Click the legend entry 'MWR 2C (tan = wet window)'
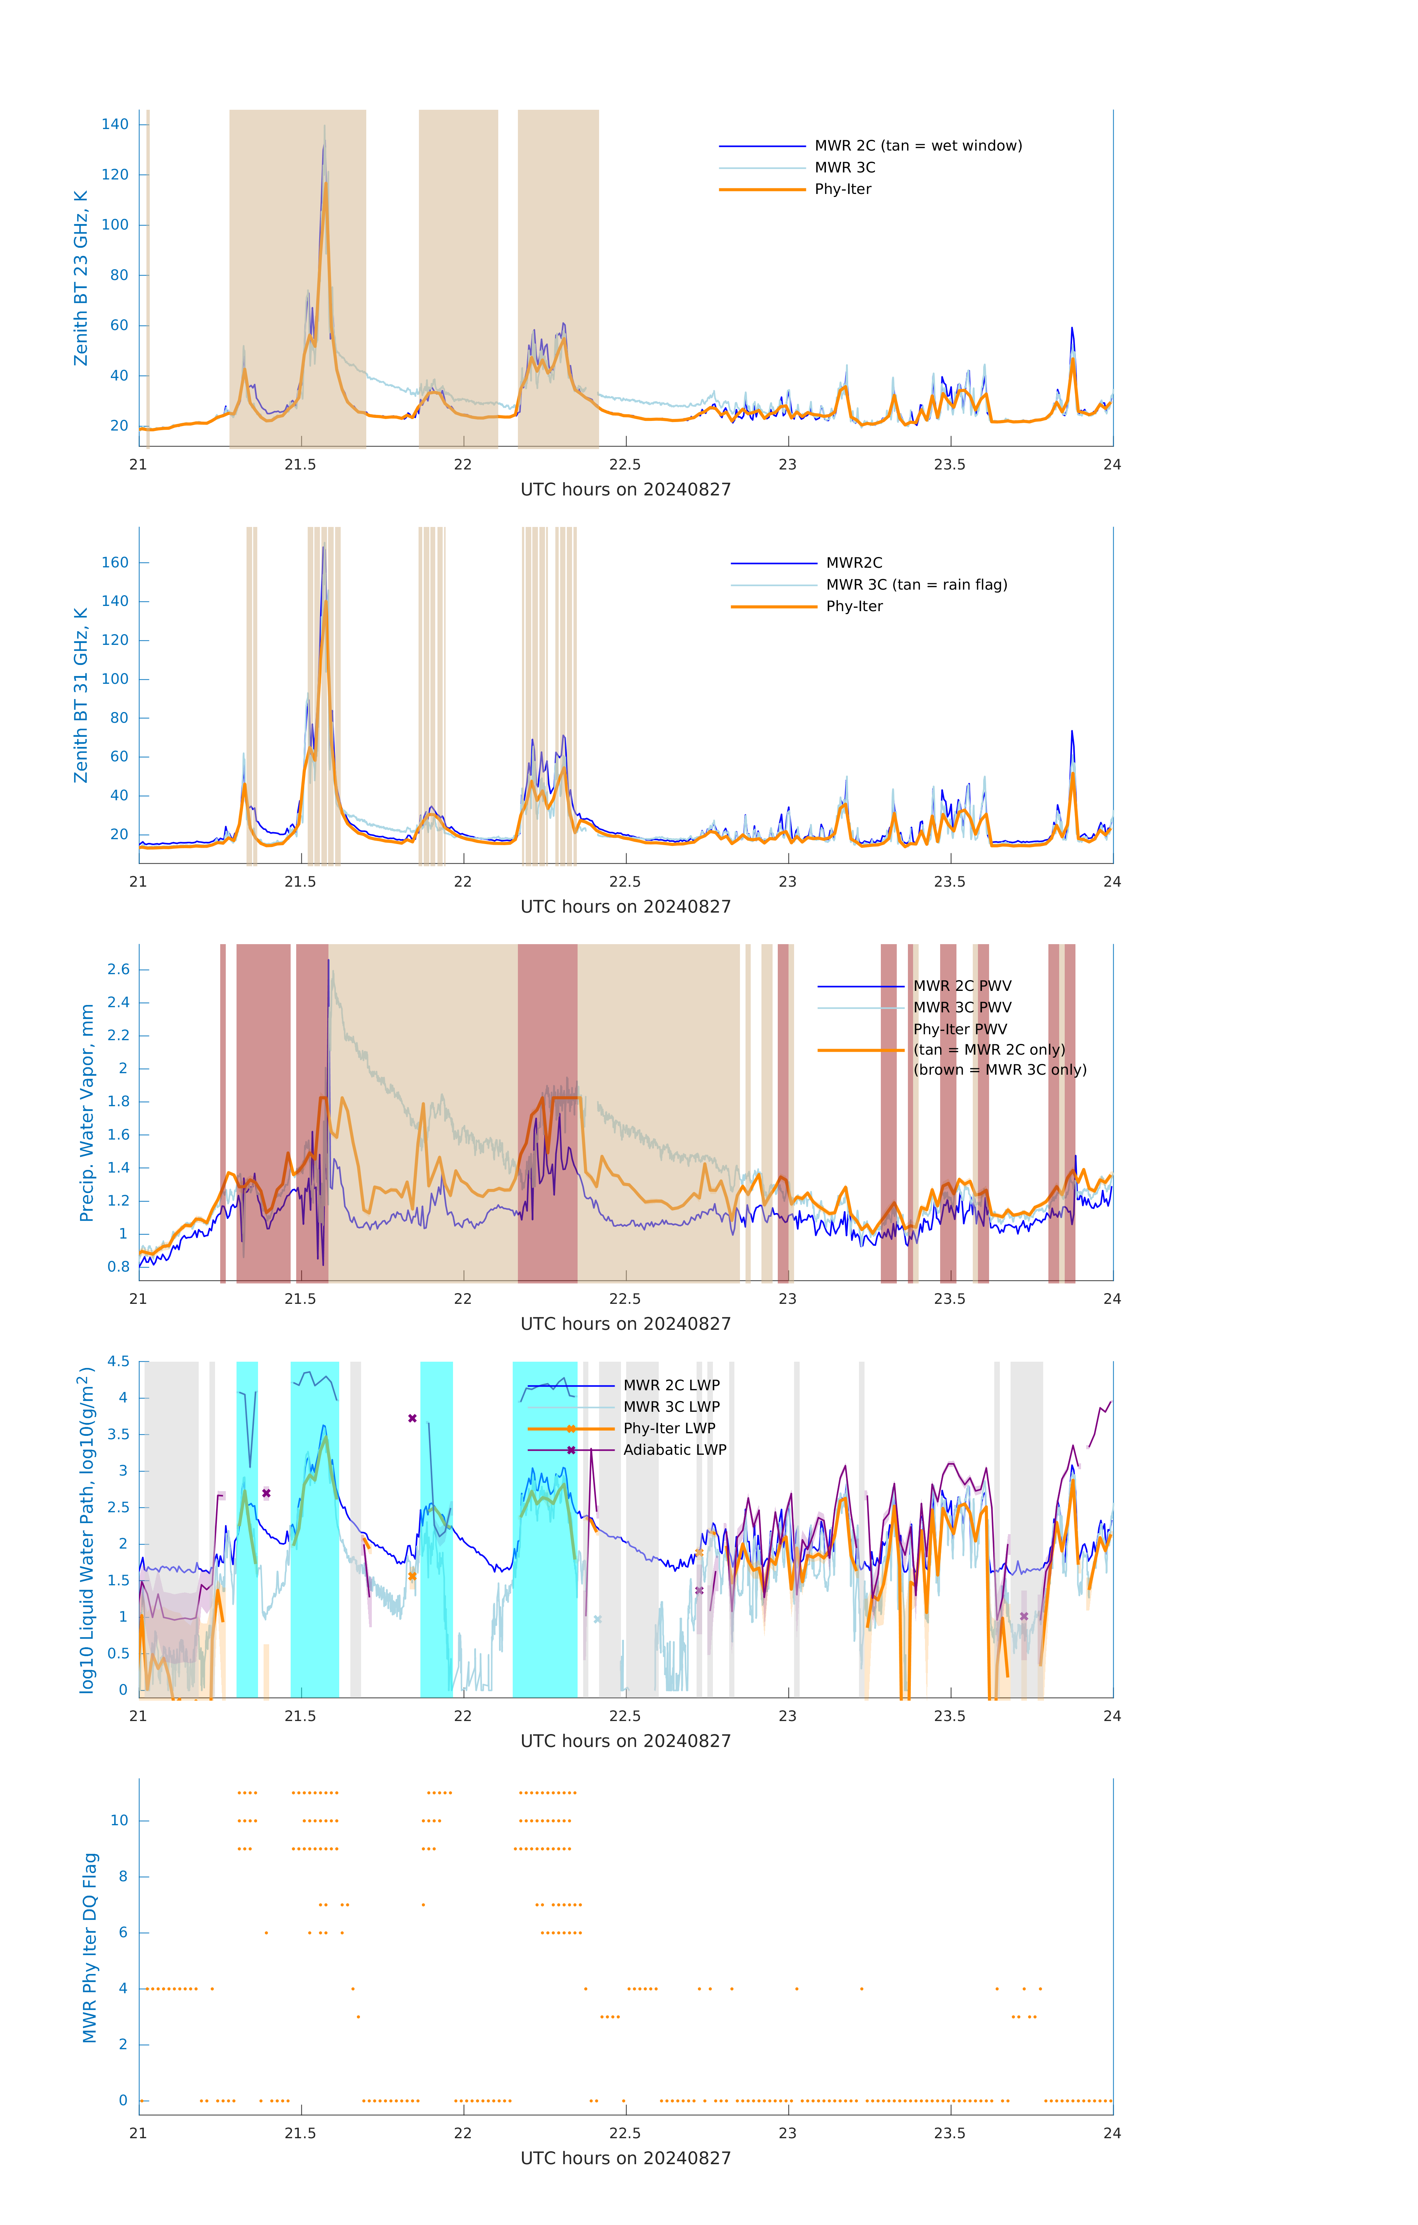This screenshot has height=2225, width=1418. pyautogui.click(x=917, y=146)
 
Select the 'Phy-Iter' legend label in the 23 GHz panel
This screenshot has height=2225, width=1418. pyautogui.click(x=843, y=189)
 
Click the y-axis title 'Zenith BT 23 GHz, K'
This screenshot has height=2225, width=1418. pyautogui.click(x=81, y=278)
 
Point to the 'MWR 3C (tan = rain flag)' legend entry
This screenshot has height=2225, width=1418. pyautogui.click(x=915, y=585)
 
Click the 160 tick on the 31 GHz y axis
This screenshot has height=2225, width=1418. pyautogui.click(x=115, y=563)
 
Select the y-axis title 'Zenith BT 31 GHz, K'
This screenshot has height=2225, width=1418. pyautogui.click(x=81, y=695)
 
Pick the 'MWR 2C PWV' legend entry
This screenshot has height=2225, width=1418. pyautogui.click(x=962, y=986)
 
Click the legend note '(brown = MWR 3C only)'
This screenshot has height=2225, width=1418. pyautogui.click(x=999, y=1070)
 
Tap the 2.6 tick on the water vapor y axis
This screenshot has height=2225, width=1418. pyautogui.click(x=118, y=969)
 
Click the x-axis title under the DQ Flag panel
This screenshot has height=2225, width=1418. pyautogui.click(x=625, y=2159)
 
